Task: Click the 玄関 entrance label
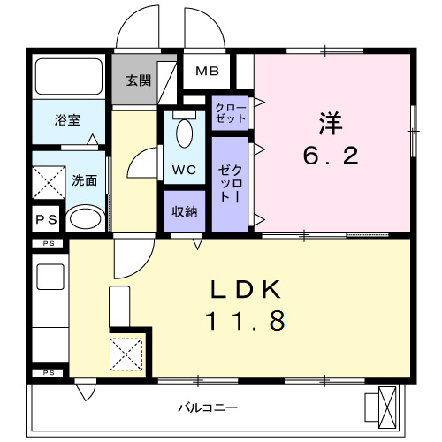coord(137,80)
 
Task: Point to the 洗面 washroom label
coord(84,180)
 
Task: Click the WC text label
coord(184,169)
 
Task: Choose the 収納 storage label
coord(184,211)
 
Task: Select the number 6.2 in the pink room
coord(331,156)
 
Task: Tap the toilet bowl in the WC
coord(184,133)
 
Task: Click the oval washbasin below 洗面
coord(85,218)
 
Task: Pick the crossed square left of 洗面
coord(49,182)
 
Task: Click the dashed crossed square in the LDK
coord(126,354)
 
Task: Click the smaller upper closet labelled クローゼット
coord(230,112)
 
